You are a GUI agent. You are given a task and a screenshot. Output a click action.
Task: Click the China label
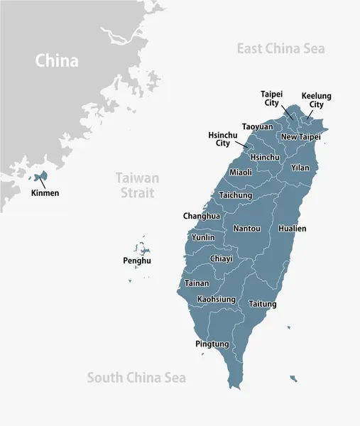57,61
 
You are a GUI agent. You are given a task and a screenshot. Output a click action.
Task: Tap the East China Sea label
280,48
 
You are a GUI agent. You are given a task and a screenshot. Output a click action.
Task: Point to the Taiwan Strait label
138,185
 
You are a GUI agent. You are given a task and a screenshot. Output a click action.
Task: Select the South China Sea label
136,378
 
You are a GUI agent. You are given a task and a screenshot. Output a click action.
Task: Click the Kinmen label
45,192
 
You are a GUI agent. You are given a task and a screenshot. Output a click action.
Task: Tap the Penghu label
136,261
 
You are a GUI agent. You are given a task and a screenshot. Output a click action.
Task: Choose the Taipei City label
271,98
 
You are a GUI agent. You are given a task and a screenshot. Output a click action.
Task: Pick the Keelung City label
316,100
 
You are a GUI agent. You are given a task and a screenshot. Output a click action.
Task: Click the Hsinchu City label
223,138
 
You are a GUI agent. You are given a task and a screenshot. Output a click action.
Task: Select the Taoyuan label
257,126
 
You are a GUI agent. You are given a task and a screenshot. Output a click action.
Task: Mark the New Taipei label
300,136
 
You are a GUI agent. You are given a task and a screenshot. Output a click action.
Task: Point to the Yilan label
300,168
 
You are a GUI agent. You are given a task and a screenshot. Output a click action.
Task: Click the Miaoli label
241,172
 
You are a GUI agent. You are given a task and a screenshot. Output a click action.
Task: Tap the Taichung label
235,195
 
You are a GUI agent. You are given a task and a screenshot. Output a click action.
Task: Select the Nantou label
246,229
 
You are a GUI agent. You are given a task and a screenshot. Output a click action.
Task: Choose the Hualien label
293,229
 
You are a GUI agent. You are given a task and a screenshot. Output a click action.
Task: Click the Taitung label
263,304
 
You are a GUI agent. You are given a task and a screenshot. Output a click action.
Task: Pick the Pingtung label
212,344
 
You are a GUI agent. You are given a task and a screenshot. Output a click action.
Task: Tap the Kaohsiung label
217,300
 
